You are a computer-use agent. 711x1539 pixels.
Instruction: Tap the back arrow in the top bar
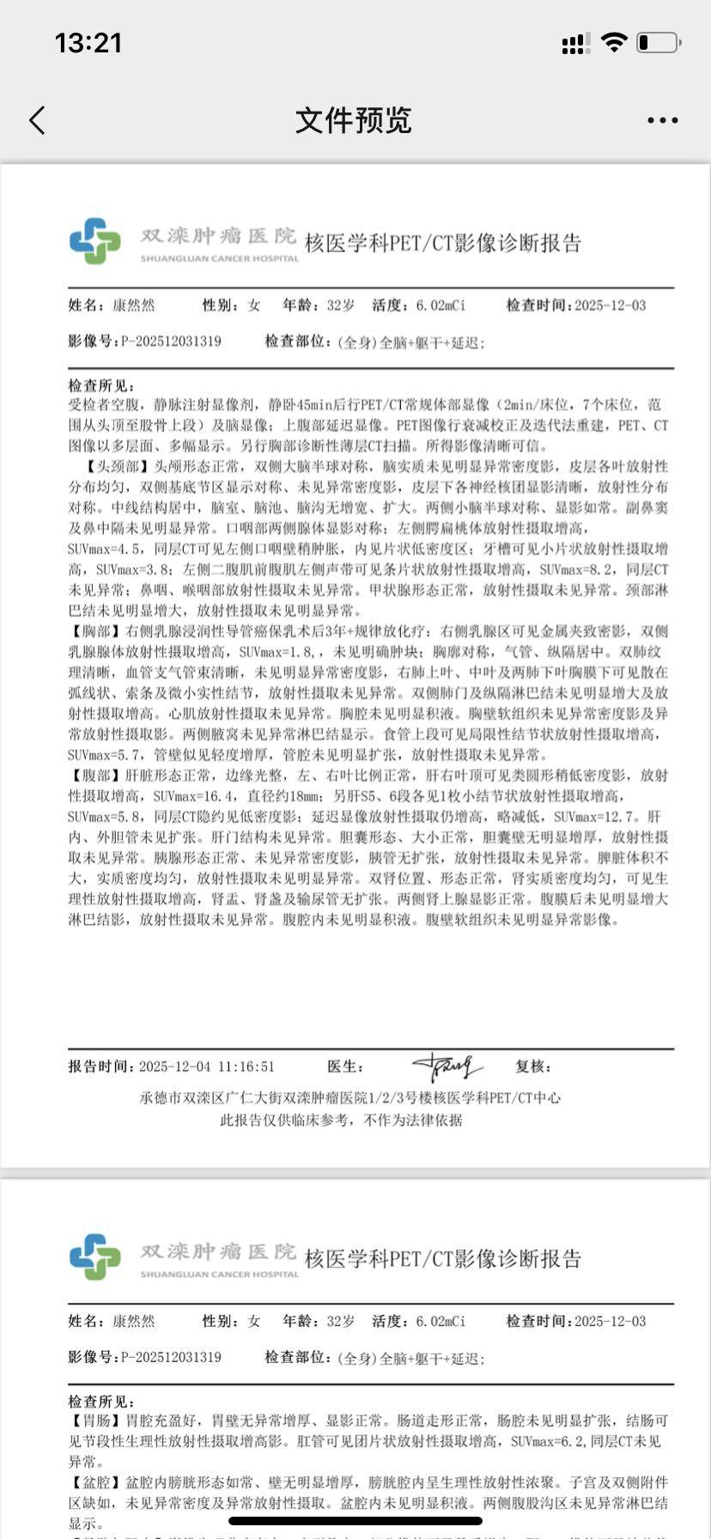click(x=37, y=120)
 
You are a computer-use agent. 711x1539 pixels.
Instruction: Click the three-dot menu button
click(x=662, y=120)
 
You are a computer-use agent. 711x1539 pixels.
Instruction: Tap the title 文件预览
click(x=354, y=120)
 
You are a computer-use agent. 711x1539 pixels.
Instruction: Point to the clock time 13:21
click(x=88, y=42)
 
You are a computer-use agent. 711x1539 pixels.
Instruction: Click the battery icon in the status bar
click(x=659, y=42)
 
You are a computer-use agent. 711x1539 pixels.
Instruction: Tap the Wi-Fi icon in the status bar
click(x=614, y=42)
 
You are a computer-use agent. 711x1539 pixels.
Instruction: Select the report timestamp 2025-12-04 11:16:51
click(x=206, y=1067)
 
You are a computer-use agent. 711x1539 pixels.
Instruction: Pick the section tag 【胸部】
click(x=96, y=631)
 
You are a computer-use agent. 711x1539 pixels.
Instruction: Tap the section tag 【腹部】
click(x=96, y=776)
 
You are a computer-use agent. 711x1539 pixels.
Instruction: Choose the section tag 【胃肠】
click(x=96, y=1420)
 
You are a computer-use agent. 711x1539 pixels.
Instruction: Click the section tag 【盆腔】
click(x=96, y=1482)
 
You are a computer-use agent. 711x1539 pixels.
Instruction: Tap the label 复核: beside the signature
click(x=532, y=1067)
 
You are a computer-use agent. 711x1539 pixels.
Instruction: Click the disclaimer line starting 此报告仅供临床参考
click(x=341, y=1120)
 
